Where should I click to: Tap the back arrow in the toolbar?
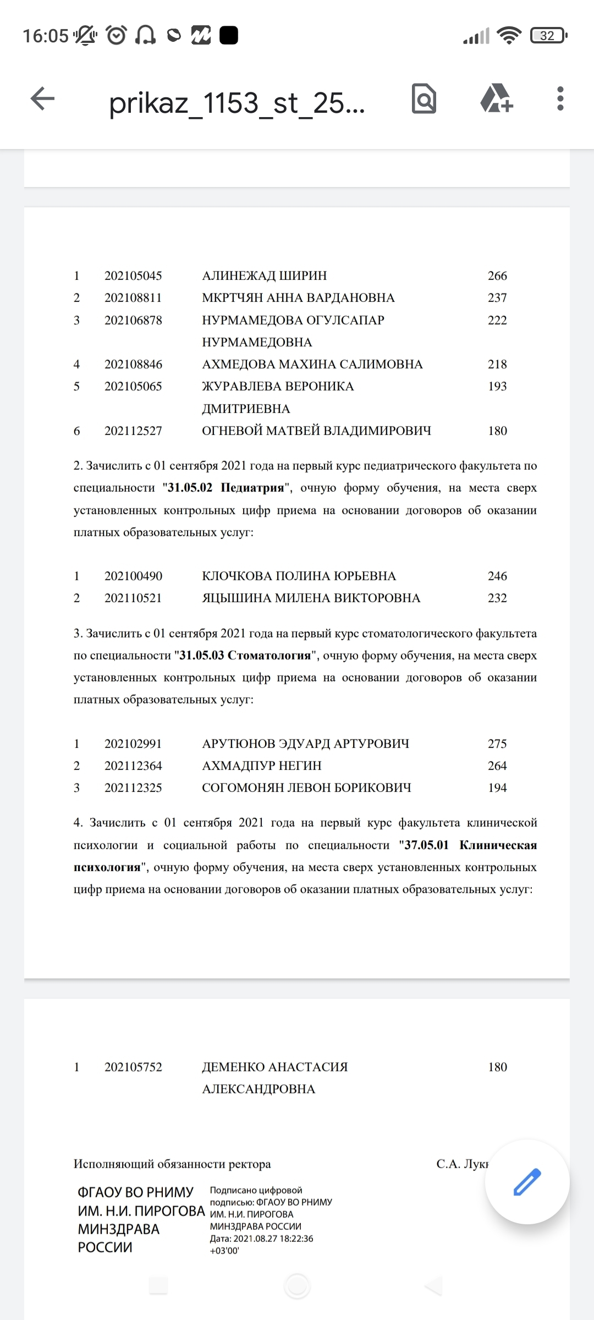(42, 99)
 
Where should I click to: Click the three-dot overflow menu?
(560, 99)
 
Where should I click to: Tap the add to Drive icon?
(496, 99)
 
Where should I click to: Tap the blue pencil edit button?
(527, 1181)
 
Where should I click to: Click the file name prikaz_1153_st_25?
(237, 102)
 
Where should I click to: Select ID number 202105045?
(133, 276)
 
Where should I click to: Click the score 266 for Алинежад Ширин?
(497, 276)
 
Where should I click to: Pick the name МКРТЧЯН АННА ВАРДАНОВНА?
(298, 298)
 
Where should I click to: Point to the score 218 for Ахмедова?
(497, 364)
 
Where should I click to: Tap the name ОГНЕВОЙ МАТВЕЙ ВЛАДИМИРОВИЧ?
(316, 431)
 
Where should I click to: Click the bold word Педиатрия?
(252, 488)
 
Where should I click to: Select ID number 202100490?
(133, 576)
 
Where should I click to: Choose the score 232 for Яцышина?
(497, 598)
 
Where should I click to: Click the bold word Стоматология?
(269, 656)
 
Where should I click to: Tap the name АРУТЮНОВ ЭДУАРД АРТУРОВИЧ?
(305, 744)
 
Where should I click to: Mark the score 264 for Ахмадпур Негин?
(497, 766)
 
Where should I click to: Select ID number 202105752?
(133, 1067)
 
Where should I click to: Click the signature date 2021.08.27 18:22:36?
(273, 1239)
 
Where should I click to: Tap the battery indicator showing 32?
(548, 36)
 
